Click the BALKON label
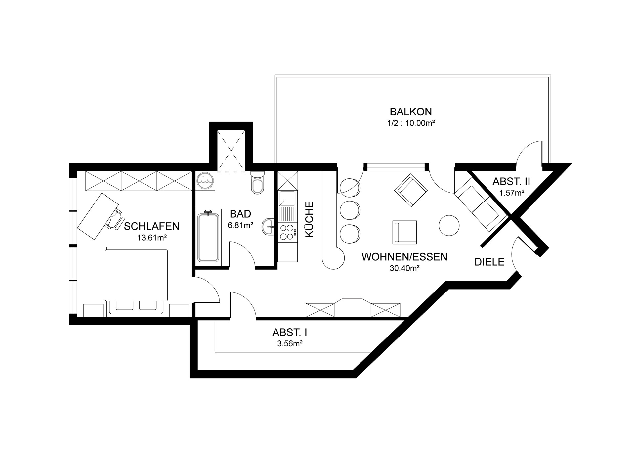tap(411, 112)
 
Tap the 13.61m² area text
tap(151, 238)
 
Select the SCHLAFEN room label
tap(151, 226)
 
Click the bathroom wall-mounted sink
tap(268, 227)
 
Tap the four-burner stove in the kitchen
tap(287, 232)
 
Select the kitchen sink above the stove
tap(287, 199)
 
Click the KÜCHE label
tap(309, 219)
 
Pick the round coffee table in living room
tap(449, 225)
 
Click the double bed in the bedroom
tap(136, 281)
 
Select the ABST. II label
tap(511, 181)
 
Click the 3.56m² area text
tap(290, 343)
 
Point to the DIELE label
tap(489, 262)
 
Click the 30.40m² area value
tap(404, 268)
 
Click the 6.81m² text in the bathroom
tap(240, 225)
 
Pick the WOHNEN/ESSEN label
tap(404, 257)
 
